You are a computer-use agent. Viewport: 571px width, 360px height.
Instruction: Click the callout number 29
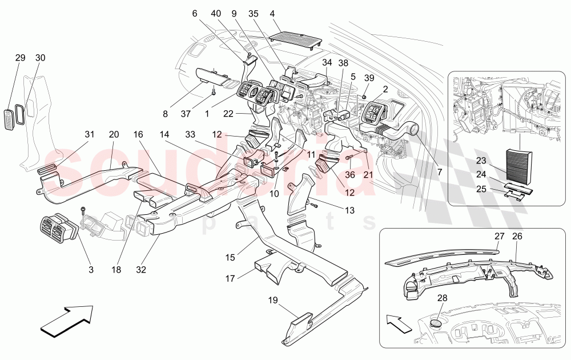(20, 58)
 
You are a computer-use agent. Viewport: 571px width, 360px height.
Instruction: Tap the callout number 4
(272, 13)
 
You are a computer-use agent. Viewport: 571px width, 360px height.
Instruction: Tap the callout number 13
(349, 210)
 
